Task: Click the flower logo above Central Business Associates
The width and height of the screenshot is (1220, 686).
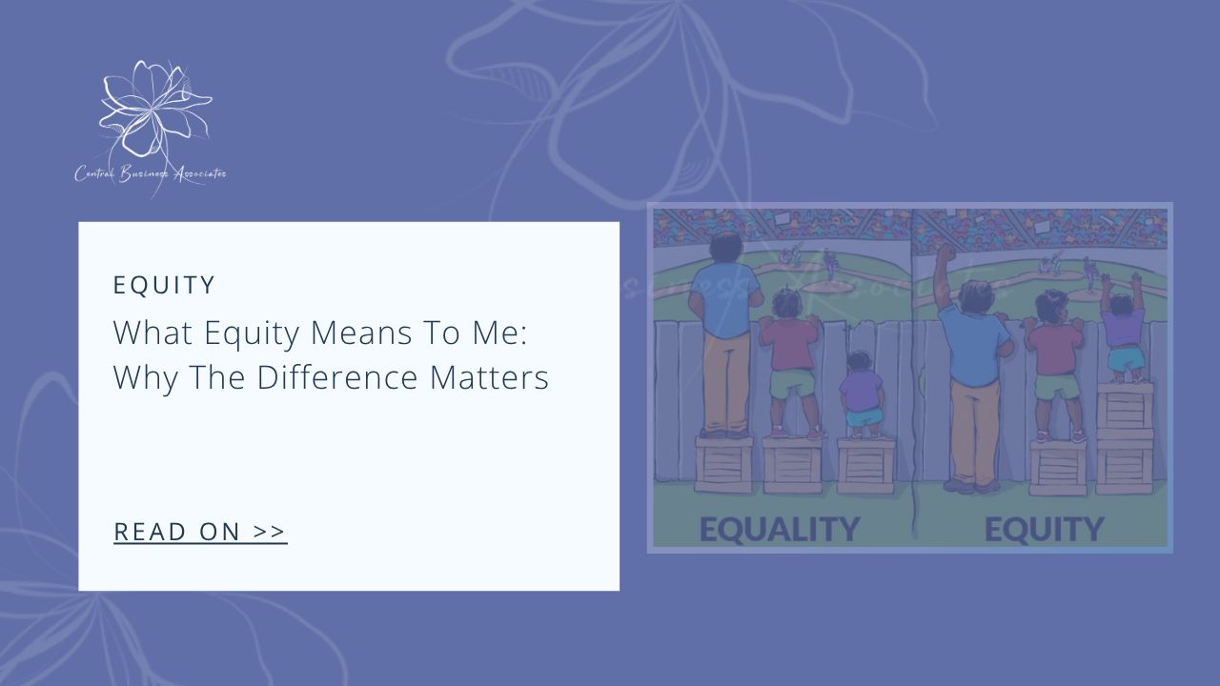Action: [152, 110]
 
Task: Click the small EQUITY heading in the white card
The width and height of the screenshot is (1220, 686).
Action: [165, 285]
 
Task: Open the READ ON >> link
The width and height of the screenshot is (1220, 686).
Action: [200, 532]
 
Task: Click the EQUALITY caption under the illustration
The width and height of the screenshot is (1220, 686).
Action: [779, 529]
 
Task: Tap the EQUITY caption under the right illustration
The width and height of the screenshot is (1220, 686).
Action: [1044, 529]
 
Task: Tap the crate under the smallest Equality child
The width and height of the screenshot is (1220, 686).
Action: [864, 465]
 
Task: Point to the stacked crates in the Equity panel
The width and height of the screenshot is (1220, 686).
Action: [1125, 438]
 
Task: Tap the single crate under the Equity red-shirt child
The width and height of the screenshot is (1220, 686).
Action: [1057, 467]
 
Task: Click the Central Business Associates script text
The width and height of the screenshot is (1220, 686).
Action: [151, 173]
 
